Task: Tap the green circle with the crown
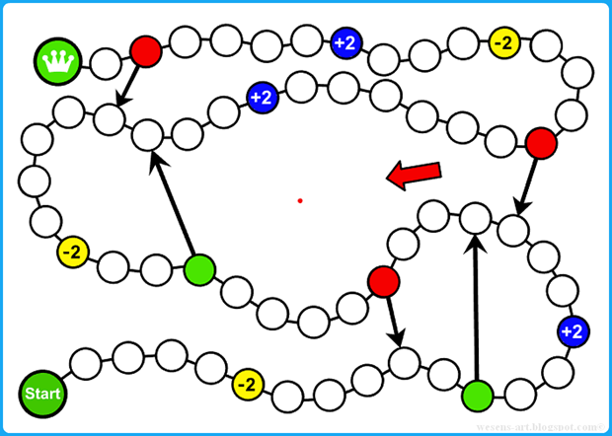click(x=58, y=61)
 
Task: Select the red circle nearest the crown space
click(x=146, y=50)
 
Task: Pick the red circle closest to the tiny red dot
click(x=383, y=282)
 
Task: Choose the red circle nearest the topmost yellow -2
click(x=541, y=143)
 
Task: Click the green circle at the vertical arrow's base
click(x=478, y=395)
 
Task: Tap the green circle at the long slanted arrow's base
click(x=199, y=267)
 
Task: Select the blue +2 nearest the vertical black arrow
click(x=572, y=330)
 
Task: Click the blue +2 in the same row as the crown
click(x=345, y=42)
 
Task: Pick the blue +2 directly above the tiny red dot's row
click(x=262, y=98)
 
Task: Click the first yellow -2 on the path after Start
click(x=248, y=383)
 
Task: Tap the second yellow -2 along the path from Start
click(x=72, y=253)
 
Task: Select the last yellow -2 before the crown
click(x=503, y=42)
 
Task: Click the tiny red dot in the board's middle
click(x=299, y=201)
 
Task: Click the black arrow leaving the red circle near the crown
click(x=128, y=82)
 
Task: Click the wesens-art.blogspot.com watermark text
click(x=544, y=425)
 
